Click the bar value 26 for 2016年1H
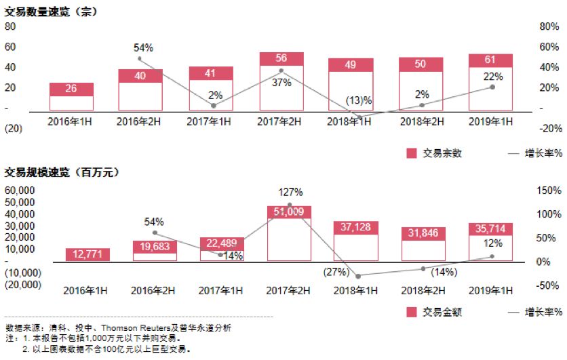click(x=71, y=89)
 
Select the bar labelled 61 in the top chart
click(x=490, y=60)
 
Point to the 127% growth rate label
click(x=290, y=192)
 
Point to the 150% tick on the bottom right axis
click(x=545, y=191)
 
